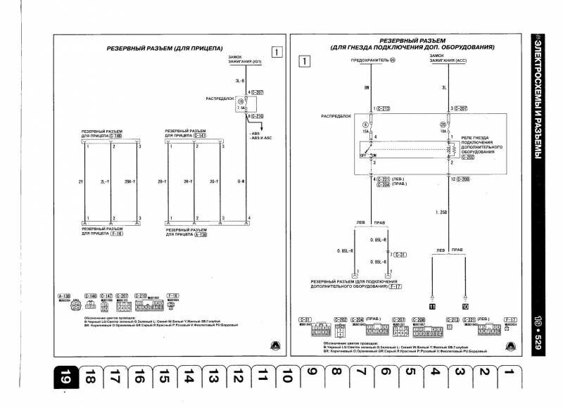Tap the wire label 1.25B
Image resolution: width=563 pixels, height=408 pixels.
pos(441,211)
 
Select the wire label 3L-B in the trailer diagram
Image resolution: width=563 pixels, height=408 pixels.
pos(240,82)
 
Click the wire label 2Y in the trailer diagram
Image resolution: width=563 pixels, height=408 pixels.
pos(81,182)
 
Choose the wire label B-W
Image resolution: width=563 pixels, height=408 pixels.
pos(240,182)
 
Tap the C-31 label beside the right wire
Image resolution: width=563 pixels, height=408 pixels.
pos(400,254)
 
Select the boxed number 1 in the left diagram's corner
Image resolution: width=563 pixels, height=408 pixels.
pos(278,51)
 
